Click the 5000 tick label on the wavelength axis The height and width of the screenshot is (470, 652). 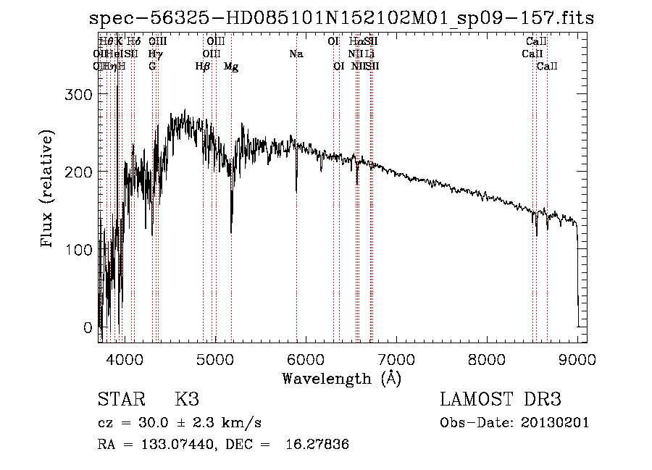pyautogui.click(x=214, y=359)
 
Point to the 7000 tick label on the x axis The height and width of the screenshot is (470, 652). pyautogui.click(x=396, y=359)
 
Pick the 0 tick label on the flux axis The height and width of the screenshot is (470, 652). pyautogui.click(x=88, y=327)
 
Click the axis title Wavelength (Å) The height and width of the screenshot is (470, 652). pyautogui.click(x=341, y=378)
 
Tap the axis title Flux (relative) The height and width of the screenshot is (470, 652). pyautogui.click(x=49, y=190)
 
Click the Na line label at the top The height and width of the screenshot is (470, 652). pyautogui.click(x=296, y=54)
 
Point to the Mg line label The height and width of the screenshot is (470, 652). pyautogui.click(x=231, y=67)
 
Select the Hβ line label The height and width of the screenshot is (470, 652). pyautogui.click(x=203, y=67)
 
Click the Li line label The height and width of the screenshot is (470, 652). pyautogui.click(x=369, y=54)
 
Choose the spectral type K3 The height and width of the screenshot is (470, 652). pyautogui.click(x=187, y=400)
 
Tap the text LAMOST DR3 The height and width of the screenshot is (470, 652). pyautogui.click(x=501, y=400)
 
